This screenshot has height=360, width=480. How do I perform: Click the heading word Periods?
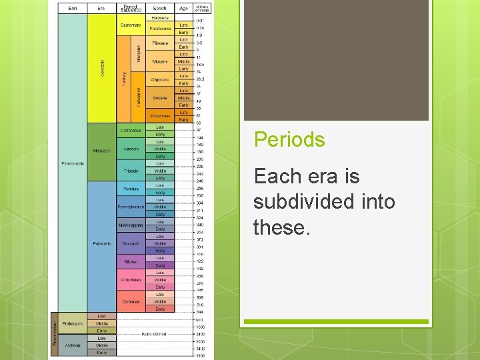point(289,139)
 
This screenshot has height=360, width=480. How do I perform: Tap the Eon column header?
point(73,9)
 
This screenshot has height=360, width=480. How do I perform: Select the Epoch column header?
point(160,9)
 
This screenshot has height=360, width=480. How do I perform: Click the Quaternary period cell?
point(131,25)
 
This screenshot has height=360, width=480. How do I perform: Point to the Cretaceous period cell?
point(131,131)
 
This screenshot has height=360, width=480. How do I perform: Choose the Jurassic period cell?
point(131,149)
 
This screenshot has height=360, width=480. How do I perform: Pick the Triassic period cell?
point(131,171)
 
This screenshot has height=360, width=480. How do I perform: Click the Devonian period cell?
point(131,243)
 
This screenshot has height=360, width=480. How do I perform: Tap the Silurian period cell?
point(131,262)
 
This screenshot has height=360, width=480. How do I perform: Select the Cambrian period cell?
point(131,301)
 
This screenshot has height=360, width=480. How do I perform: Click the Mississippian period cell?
point(131,225)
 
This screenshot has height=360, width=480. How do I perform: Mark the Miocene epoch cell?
point(160,61)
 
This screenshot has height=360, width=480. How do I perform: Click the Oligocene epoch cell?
point(160,79)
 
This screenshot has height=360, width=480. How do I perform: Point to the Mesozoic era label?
point(101,150)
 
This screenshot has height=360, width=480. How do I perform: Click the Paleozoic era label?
point(101,243)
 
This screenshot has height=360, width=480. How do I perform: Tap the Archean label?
point(72,345)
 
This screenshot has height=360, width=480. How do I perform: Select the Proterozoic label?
point(72,323)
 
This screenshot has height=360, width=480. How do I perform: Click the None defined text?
point(153,334)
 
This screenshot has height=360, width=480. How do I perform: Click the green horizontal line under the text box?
point(335,321)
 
